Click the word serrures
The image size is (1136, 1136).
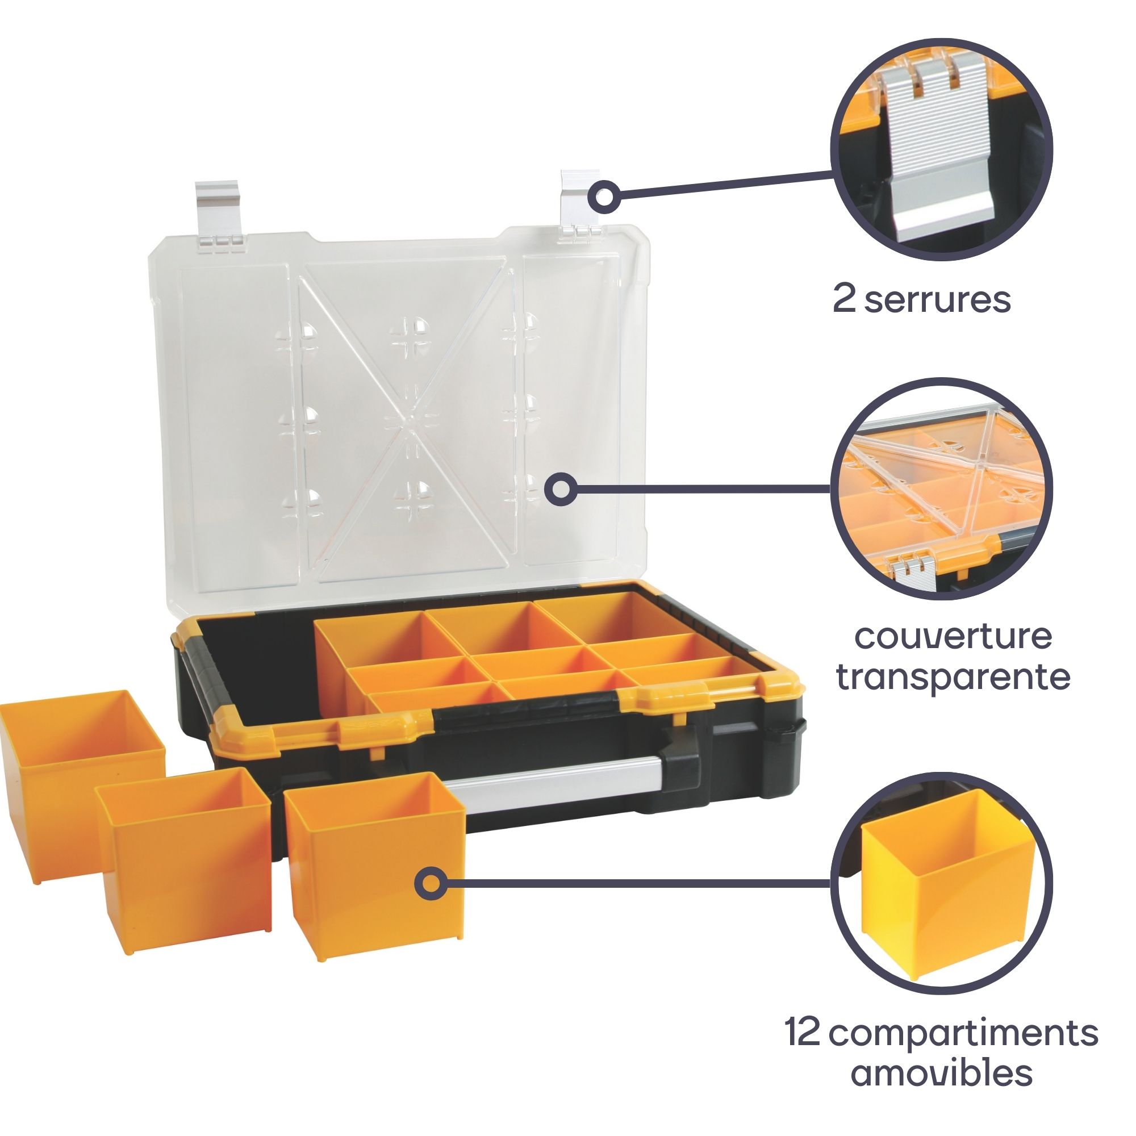[937, 299]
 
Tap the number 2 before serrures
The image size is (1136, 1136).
[844, 299]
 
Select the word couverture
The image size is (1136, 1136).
[953, 636]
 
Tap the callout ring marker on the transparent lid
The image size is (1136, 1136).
[561, 489]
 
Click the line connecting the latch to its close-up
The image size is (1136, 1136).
[725, 183]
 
